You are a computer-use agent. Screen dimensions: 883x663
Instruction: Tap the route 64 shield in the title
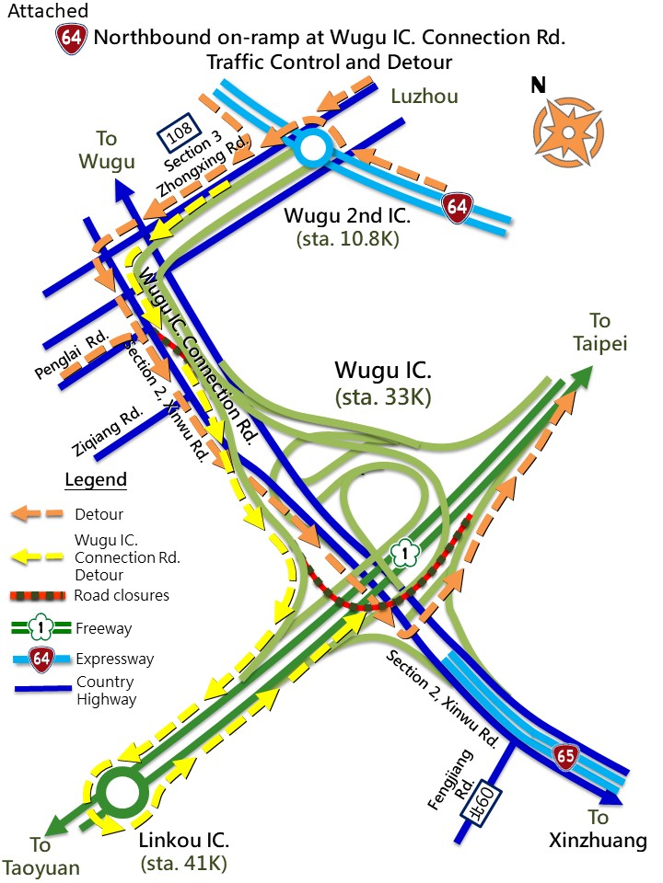tap(72, 39)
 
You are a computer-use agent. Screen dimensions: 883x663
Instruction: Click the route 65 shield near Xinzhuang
tap(566, 756)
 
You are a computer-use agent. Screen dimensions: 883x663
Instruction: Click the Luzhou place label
tap(424, 96)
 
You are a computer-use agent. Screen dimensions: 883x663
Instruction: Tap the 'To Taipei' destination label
tap(599, 332)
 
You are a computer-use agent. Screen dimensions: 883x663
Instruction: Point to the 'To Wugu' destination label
tap(107, 150)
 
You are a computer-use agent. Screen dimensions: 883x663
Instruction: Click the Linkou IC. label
tap(183, 841)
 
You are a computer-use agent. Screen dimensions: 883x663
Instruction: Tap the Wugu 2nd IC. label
tap(345, 217)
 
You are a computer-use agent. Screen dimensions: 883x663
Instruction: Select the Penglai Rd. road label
tap(73, 355)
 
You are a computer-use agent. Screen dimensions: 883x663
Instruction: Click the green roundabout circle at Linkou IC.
tap(122, 793)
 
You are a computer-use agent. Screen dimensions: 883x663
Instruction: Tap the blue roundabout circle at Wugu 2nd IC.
tap(311, 147)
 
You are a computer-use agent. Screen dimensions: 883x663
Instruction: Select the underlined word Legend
tap(96, 480)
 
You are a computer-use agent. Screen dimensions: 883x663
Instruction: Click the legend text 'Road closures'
tap(122, 595)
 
